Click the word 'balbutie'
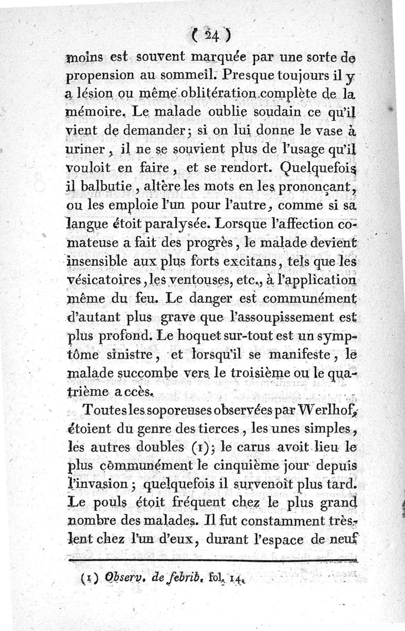(x=105, y=189)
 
